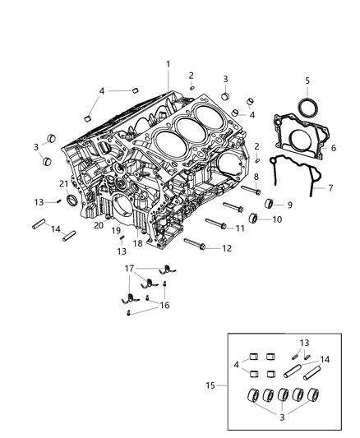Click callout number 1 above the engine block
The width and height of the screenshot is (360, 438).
(x=168, y=64)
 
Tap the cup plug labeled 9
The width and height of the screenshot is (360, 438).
(x=270, y=203)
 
